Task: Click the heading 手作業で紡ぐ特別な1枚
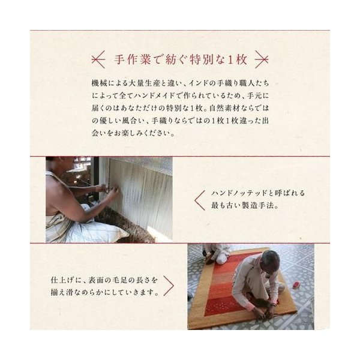click(x=181, y=59)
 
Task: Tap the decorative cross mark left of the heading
click(x=98, y=59)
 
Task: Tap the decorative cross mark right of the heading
click(x=262, y=59)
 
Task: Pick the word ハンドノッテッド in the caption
click(x=239, y=193)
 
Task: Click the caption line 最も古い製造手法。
click(x=245, y=205)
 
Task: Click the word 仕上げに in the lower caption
click(x=65, y=280)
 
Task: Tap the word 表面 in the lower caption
click(x=96, y=280)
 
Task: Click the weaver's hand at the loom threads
click(x=113, y=190)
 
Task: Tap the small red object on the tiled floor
click(x=296, y=286)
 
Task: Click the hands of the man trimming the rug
click(x=266, y=313)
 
